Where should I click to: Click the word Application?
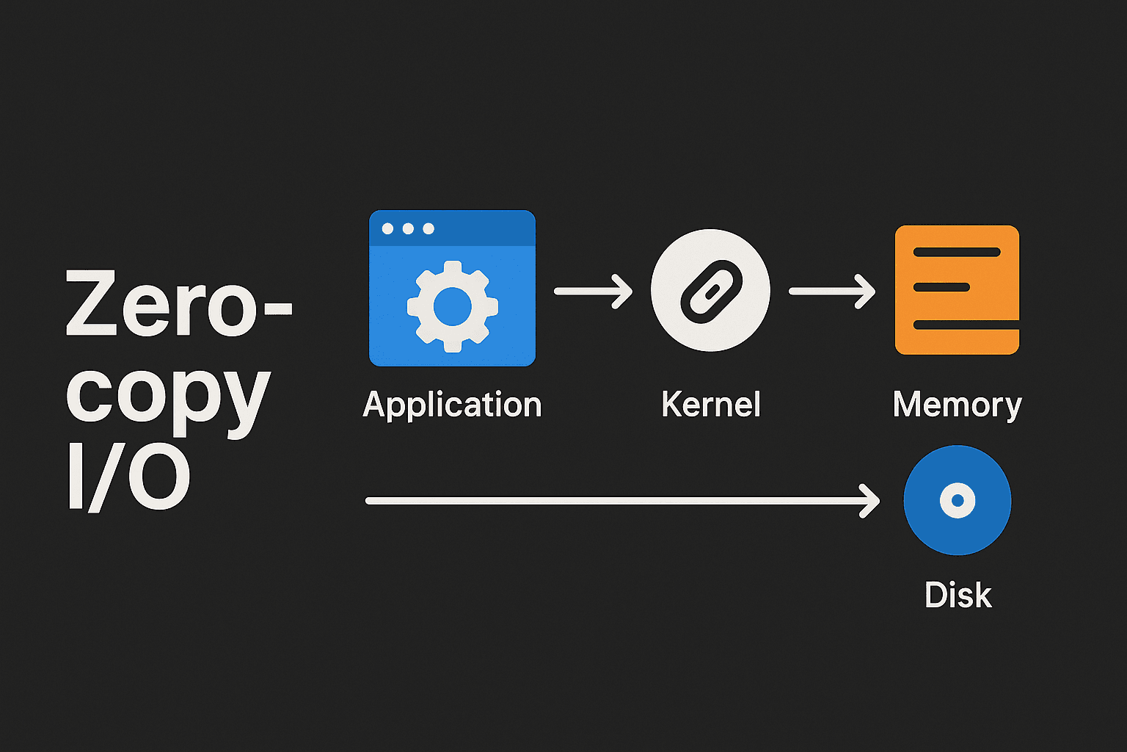[452, 405]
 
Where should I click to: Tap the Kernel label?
[710, 405]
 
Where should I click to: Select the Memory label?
[957, 405]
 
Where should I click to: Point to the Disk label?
[958, 595]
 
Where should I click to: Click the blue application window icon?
[452, 288]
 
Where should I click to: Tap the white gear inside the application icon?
[452, 306]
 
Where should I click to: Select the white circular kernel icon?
[710, 289]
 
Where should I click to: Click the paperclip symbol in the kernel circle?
[711, 291]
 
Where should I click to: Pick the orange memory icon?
[957, 290]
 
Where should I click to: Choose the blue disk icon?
[957, 500]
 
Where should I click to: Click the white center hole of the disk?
[957, 500]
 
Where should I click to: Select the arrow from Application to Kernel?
[593, 292]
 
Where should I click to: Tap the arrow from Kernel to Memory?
[831, 292]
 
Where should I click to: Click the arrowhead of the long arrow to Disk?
[872, 501]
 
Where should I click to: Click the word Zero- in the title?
[178, 304]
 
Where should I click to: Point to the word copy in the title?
[168, 397]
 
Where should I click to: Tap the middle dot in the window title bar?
[408, 229]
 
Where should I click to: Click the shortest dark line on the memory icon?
[941, 287]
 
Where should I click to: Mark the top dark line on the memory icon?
[957, 252]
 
